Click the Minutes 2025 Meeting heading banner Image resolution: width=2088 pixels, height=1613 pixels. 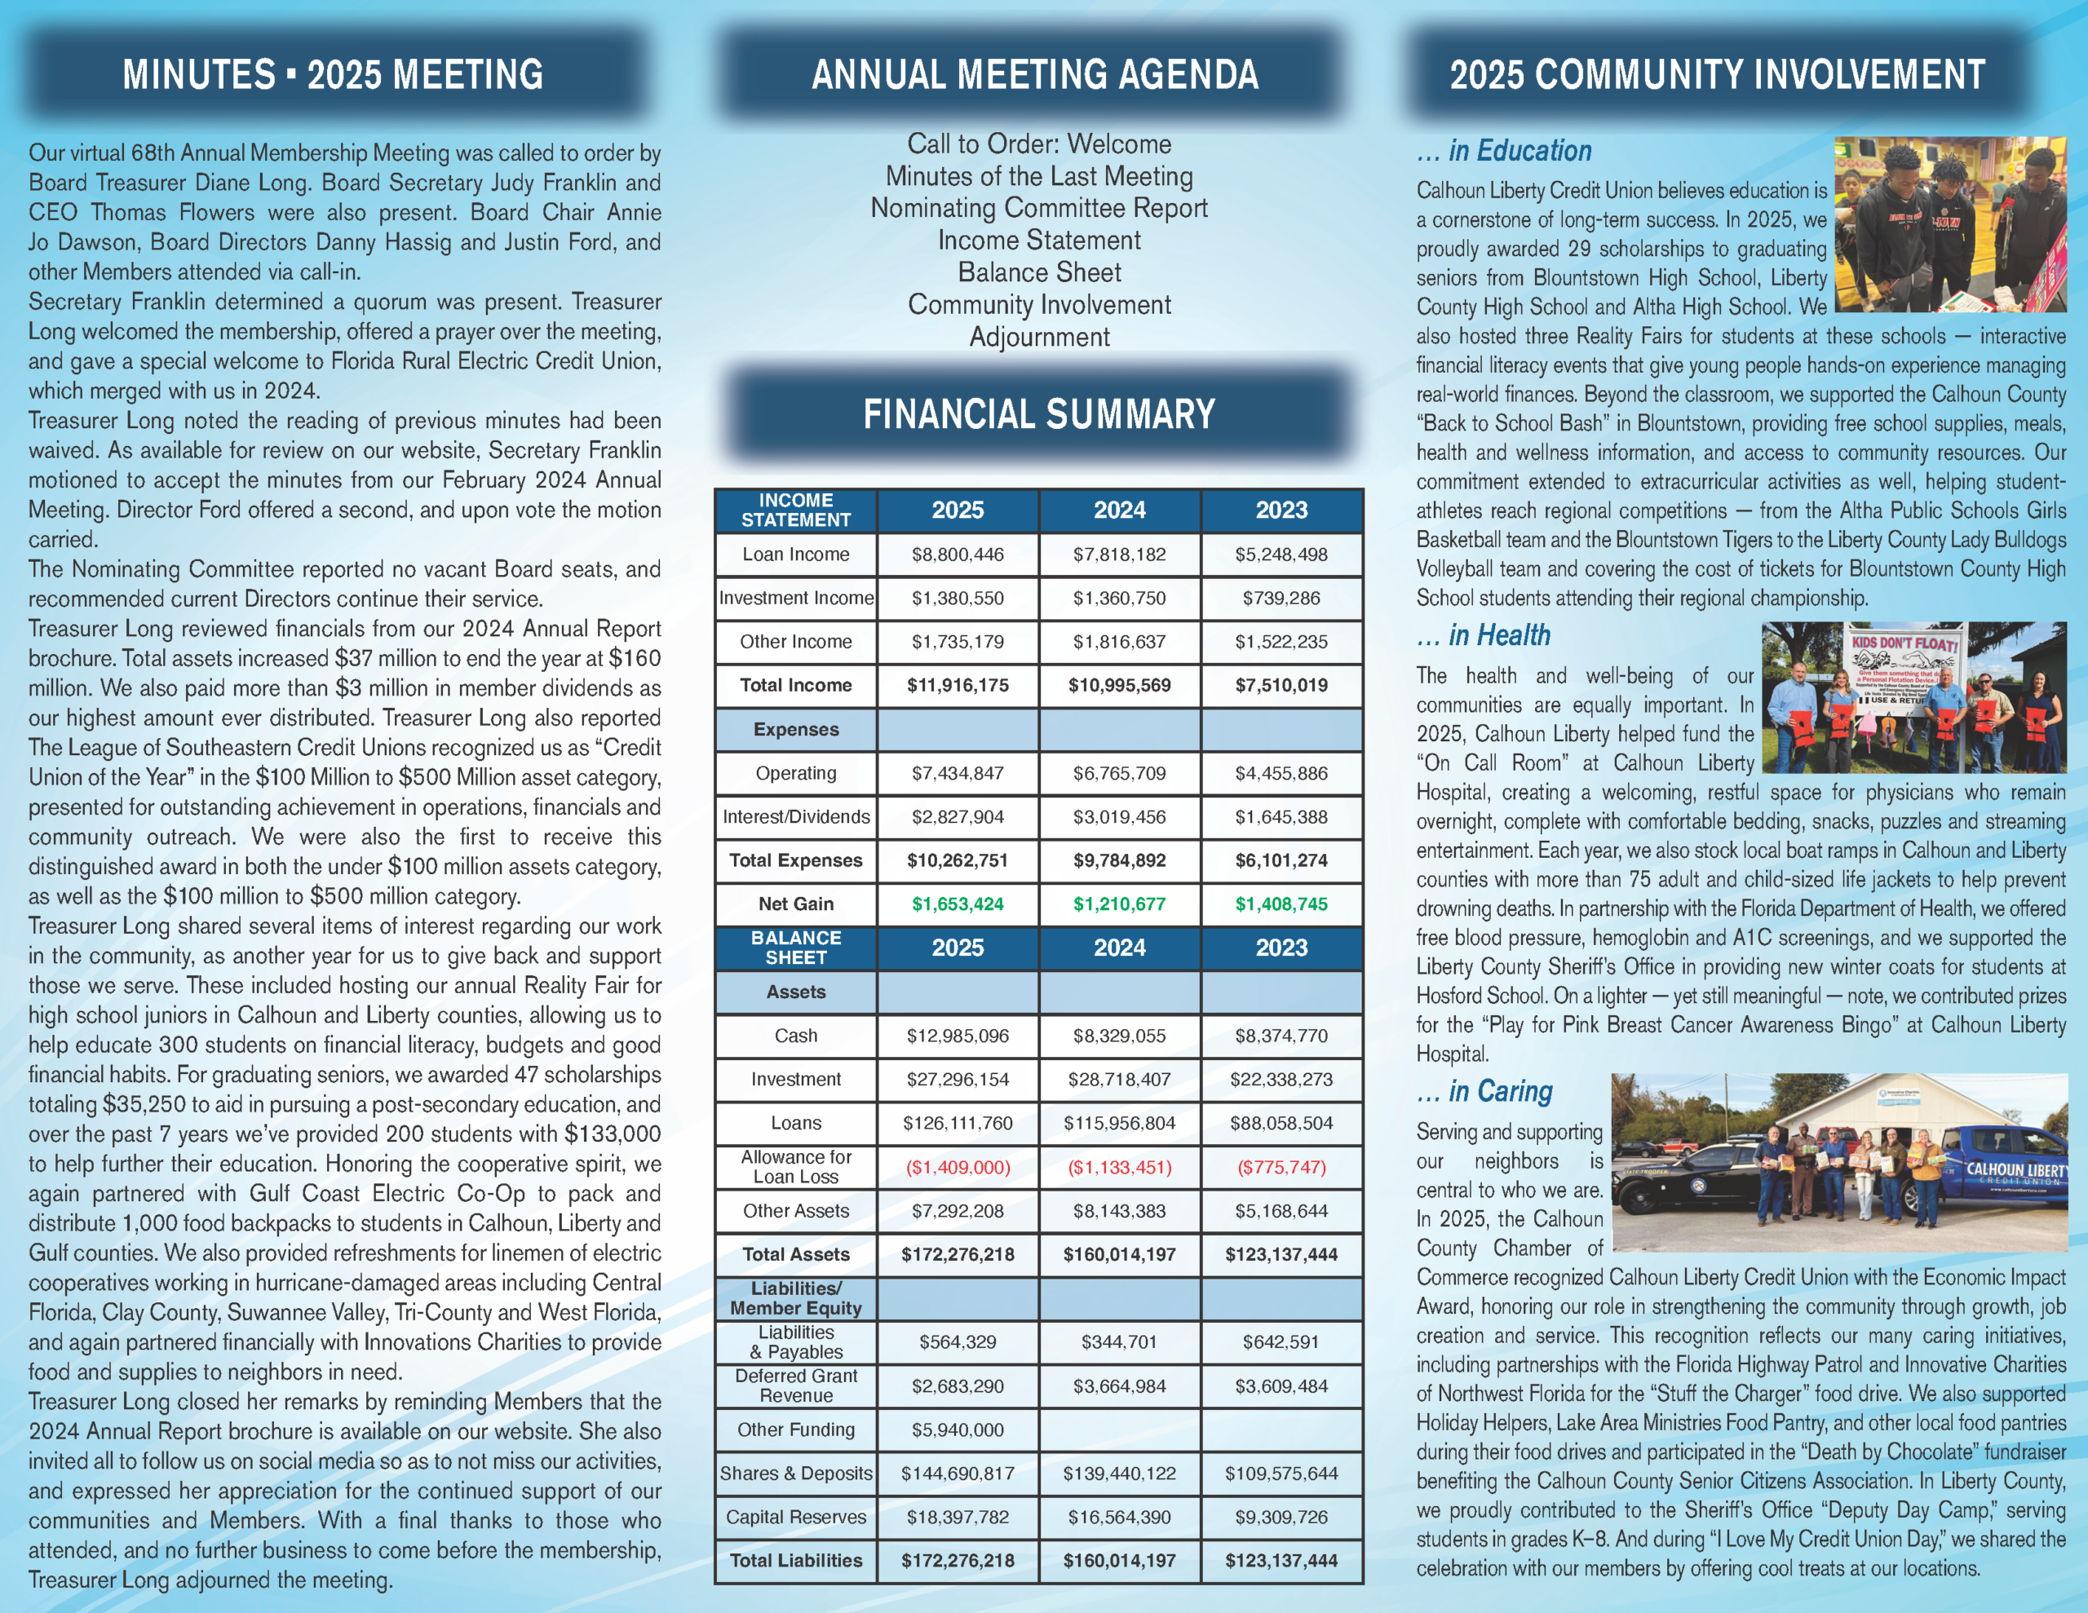(333, 74)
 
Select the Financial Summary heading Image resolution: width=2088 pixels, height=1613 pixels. (1038, 414)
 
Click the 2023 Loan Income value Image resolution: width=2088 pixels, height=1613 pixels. (1281, 555)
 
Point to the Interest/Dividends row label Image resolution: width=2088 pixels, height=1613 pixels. (795, 816)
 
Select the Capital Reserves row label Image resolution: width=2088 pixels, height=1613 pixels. (795, 1517)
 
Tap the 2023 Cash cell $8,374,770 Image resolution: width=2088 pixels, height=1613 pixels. (1281, 1036)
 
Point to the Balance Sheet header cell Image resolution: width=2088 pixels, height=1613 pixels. (795, 948)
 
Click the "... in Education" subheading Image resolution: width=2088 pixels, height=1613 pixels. (1504, 151)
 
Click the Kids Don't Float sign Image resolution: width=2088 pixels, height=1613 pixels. (1904, 665)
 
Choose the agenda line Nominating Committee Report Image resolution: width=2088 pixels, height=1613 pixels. (1038, 209)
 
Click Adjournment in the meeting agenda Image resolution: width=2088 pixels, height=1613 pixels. (1038, 338)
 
